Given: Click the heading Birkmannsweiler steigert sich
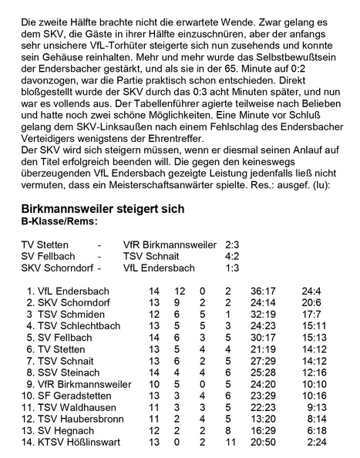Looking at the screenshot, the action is (x=103, y=210).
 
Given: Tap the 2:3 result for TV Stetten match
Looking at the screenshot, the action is (x=232, y=245).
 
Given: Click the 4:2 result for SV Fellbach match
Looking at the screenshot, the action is (x=232, y=257).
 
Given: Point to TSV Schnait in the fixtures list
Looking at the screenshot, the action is (x=151, y=257).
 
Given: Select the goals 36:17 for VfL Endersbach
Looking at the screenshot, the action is (x=263, y=291).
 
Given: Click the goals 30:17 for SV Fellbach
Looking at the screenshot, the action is (x=263, y=338).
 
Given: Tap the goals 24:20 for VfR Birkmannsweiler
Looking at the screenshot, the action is (x=263, y=384).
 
